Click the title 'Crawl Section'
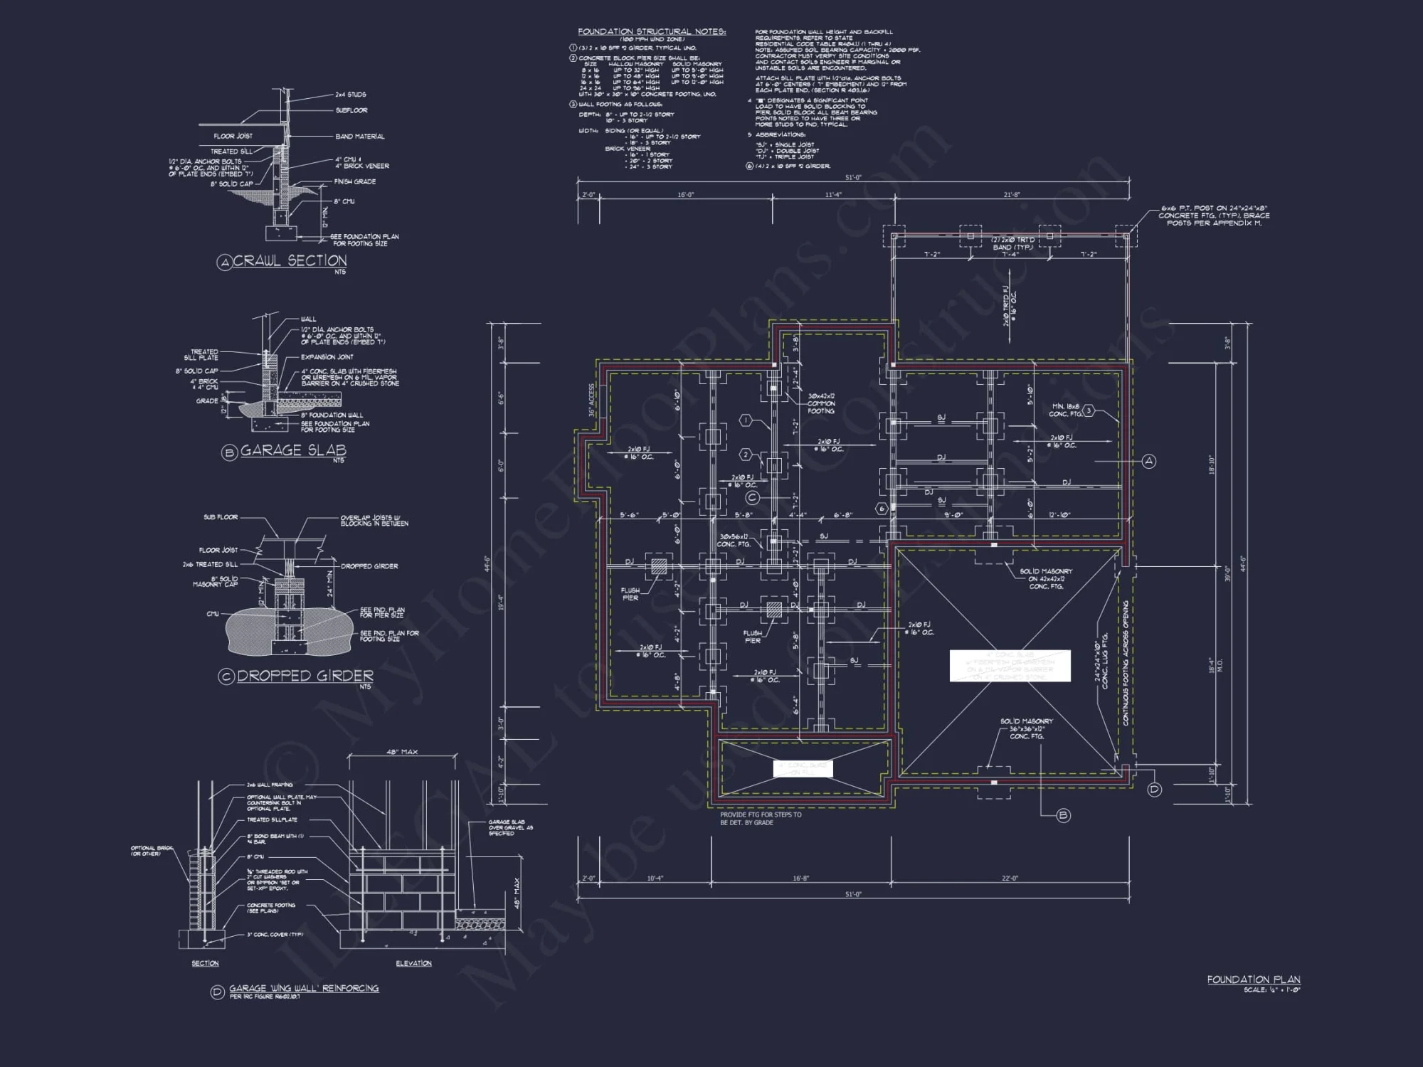pos(290,261)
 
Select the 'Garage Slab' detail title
pos(293,450)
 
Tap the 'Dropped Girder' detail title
pos(305,676)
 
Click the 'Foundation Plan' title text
pos(1253,980)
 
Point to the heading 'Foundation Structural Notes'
pos(651,32)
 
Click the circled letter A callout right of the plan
pos(1149,462)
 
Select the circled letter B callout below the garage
pos(1064,815)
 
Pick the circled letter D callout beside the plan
pos(1155,790)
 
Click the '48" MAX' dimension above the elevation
pos(402,752)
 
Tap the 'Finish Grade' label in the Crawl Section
pos(355,182)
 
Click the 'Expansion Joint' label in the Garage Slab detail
pos(327,357)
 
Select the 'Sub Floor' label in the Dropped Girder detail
pos(221,517)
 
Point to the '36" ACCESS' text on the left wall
pos(591,400)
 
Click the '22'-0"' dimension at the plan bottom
pos(1010,878)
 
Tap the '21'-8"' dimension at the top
pos(1011,194)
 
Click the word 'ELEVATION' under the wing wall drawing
pos(413,963)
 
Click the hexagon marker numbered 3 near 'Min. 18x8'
pos(1089,411)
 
